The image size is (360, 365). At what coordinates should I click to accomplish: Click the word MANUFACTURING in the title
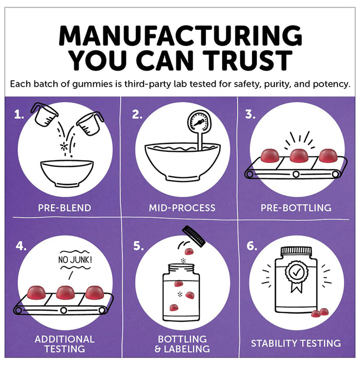pos(181,35)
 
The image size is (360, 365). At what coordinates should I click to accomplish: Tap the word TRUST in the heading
pos(247,60)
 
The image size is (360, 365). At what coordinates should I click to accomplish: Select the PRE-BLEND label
pos(65,208)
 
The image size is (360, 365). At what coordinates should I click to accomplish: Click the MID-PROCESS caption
pos(182,208)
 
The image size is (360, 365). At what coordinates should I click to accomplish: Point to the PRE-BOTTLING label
pos(296,208)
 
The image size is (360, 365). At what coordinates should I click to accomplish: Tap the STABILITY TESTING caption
pos(296,343)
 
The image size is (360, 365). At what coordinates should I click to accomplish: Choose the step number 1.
pos(19,115)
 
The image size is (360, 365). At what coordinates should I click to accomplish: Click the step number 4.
pos(21,246)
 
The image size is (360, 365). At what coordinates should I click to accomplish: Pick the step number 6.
pos(252,246)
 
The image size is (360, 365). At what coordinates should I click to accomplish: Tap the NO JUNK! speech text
pos(75,260)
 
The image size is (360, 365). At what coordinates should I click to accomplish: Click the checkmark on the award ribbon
pos(296,272)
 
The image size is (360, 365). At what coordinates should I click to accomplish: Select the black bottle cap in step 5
pos(194,235)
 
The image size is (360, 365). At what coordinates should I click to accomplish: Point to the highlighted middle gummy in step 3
pos(299,155)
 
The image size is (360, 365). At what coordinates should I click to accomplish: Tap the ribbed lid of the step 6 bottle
pos(296,251)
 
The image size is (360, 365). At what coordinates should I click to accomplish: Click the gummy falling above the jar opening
pos(189,251)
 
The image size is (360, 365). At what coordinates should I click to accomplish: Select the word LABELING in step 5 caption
pos(187,349)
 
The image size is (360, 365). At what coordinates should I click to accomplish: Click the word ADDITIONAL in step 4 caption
pos(65,339)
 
